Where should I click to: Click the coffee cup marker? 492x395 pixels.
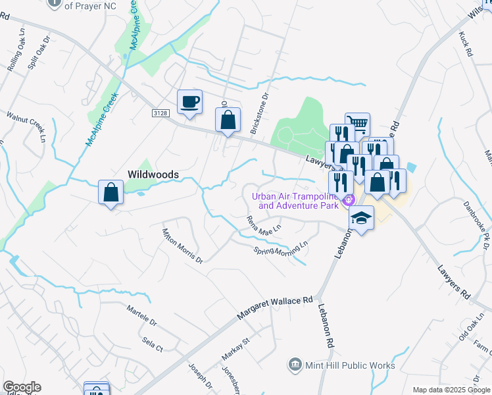(189, 102)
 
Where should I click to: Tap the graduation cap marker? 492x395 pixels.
(361, 218)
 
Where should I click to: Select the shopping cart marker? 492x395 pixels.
(357, 123)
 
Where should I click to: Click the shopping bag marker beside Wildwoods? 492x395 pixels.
(111, 192)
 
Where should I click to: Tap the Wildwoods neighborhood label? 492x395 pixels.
(153, 174)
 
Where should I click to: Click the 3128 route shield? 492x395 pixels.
(160, 113)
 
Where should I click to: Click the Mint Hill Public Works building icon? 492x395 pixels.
(295, 365)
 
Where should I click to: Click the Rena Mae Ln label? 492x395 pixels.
(264, 227)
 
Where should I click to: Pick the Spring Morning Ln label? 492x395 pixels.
(281, 250)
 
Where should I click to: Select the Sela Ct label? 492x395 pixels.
(152, 344)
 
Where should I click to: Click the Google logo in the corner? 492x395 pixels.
(22, 387)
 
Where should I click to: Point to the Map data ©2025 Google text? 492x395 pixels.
(451, 390)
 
